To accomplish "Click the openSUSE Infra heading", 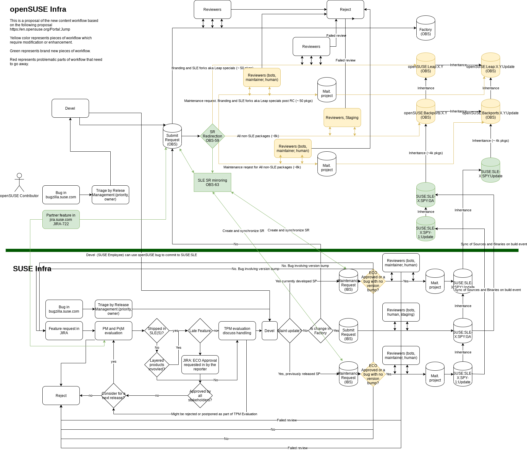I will [38, 9].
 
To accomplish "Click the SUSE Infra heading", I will [32, 269].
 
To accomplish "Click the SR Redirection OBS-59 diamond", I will [212, 136].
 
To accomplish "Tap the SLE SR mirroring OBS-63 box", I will [212, 183].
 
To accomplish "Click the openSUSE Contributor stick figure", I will [19, 182].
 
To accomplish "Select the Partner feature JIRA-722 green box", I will [61, 220].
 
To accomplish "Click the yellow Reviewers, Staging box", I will [342, 118].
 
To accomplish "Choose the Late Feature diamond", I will [200, 331].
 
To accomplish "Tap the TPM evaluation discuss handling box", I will [237, 331].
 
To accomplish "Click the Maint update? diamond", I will [290, 331].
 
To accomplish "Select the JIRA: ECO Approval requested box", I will [200, 365].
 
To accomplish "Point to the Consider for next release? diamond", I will [113, 396].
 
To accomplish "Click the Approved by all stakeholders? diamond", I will [200, 396].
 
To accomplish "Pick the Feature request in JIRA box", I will [64, 331].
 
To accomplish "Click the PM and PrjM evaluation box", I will [113, 331].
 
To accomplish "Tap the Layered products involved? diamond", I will [157, 365].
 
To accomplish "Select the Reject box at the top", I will [345, 10].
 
